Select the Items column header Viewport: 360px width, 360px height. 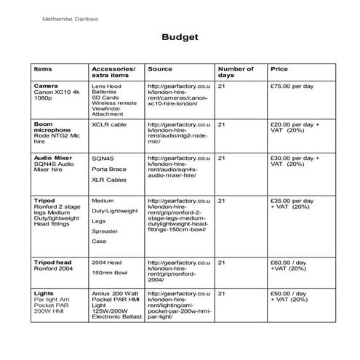43,69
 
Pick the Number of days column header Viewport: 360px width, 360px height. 236,72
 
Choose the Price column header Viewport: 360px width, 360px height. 279,69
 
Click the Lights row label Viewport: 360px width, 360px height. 44,293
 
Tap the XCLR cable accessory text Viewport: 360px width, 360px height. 108,124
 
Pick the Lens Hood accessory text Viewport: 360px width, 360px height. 106,87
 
